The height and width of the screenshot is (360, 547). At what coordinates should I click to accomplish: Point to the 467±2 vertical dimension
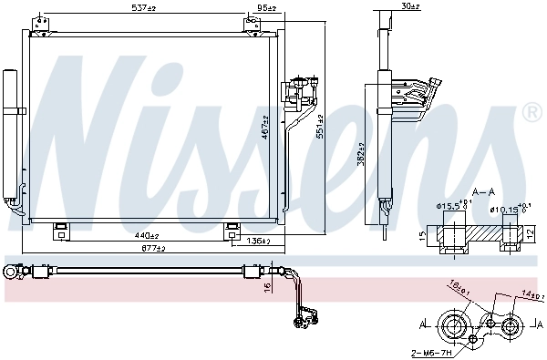[265, 129]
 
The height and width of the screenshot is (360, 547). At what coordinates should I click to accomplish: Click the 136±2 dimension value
[259, 242]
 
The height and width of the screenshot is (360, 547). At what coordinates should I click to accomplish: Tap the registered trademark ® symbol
[532, 113]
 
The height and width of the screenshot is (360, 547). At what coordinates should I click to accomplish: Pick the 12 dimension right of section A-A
[528, 234]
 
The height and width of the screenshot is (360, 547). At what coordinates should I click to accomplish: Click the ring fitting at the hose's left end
[12, 271]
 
